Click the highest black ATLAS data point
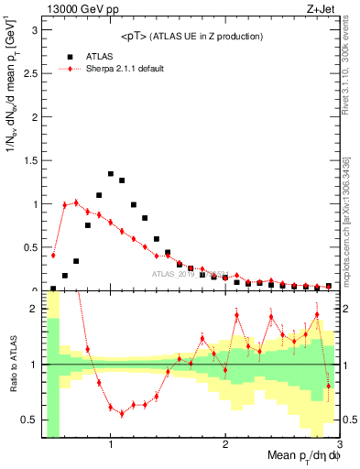click(111, 173)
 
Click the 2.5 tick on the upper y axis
click(29, 73)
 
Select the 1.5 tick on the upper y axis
click(29, 160)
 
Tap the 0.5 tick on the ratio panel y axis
click(29, 420)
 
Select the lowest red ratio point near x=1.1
click(122, 413)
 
